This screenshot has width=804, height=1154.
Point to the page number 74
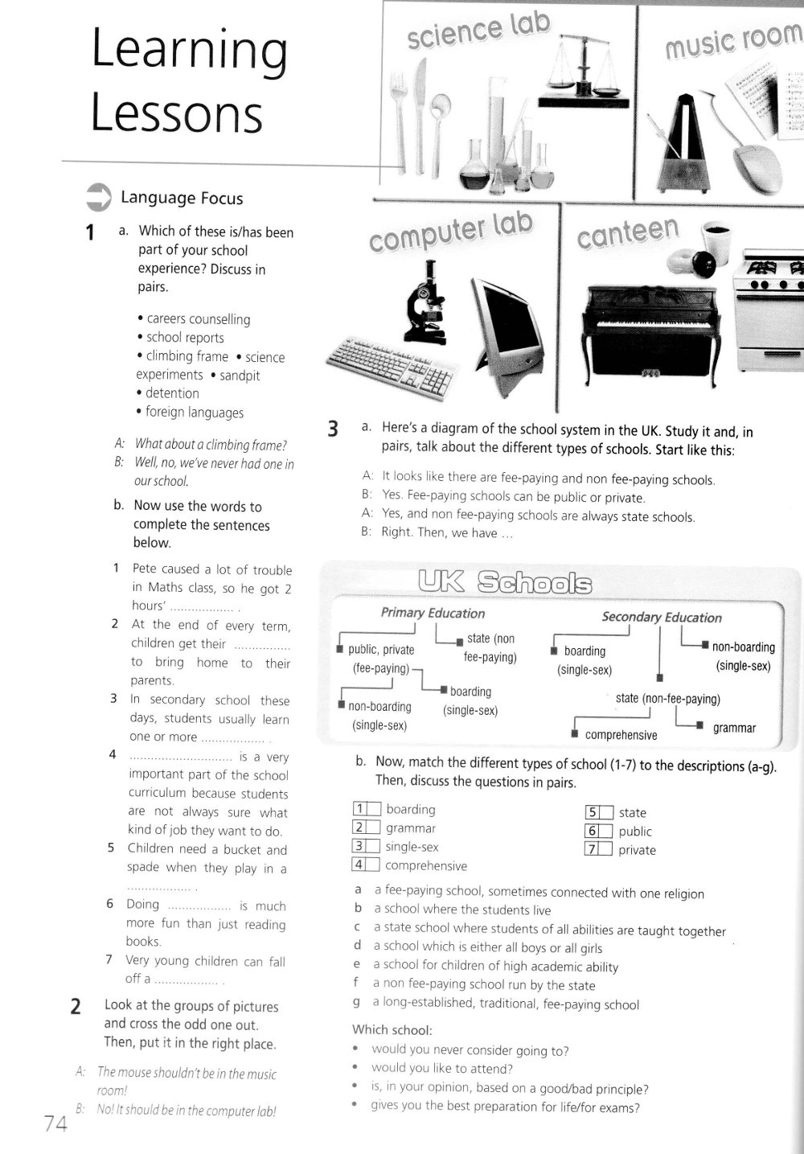pos(55,1124)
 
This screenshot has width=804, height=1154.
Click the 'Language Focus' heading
pos(181,199)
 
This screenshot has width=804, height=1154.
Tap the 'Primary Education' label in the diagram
pos(433,613)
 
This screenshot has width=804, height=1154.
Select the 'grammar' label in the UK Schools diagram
pos(734,729)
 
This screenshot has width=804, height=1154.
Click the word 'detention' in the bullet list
pos(172,393)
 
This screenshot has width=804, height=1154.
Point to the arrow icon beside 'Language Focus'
pos(98,196)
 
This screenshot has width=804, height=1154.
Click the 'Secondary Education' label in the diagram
pos(662,618)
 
